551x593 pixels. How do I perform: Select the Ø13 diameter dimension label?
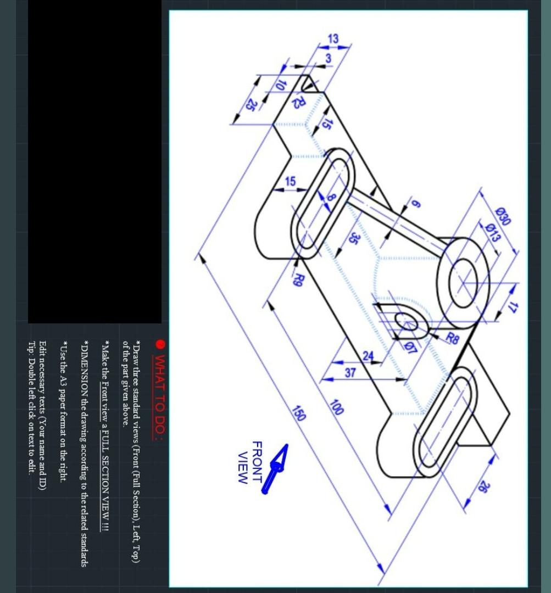(x=493, y=232)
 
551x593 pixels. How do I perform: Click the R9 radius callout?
(x=299, y=279)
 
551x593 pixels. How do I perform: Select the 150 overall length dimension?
(x=298, y=413)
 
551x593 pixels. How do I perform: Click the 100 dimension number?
(x=336, y=407)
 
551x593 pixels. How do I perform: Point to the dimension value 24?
(x=368, y=355)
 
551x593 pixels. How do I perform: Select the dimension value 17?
(x=513, y=307)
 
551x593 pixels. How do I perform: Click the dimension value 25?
(x=250, y=104)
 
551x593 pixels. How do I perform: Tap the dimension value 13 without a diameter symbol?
(x=333, y=38)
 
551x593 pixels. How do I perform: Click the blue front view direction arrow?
(x=276, y=468)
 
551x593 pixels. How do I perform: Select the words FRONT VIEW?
(x=250, y=462)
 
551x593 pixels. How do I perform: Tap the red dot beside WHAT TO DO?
(x=160, y=344)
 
